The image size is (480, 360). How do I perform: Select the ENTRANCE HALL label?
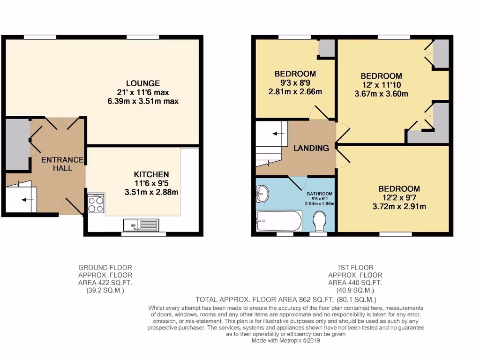62,164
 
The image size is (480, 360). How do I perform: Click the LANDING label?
311,148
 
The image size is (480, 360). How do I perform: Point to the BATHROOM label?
320,194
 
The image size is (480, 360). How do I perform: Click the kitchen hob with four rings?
96,204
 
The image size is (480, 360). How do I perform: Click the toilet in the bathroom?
320,222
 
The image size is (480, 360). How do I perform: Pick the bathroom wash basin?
262,193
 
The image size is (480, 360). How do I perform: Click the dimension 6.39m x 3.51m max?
143,101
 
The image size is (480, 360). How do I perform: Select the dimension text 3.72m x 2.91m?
399,206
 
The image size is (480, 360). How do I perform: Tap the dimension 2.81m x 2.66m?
295,91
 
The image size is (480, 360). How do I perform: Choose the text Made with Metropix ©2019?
285,341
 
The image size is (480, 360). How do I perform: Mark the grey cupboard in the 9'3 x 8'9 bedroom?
326,48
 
